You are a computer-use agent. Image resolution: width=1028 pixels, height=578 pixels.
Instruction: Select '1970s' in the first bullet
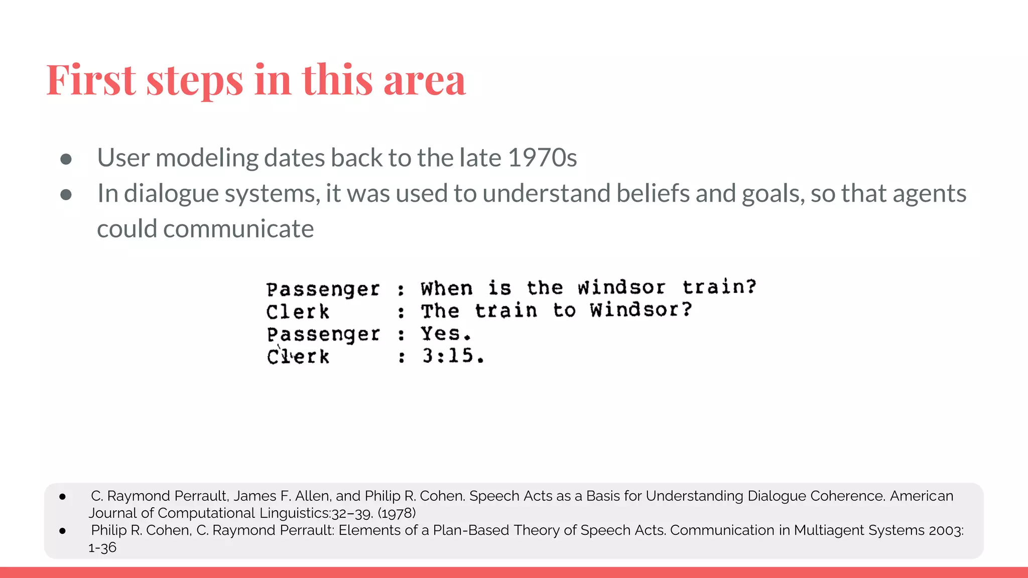[542, 158]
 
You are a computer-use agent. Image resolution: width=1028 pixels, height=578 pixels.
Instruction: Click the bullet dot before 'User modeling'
[66, 159]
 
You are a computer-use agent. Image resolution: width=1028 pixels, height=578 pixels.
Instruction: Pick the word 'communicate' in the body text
[238, 229]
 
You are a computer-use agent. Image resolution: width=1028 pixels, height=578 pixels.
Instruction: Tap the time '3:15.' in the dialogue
[453, 356]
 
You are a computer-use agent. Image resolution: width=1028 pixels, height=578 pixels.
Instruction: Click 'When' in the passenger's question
[447, 288]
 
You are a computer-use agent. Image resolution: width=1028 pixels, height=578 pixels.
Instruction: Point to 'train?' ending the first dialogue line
[719, 286]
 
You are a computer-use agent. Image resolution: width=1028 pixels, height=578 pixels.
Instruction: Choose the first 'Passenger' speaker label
[323, 289]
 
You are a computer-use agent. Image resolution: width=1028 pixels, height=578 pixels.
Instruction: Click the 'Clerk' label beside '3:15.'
[298, 356]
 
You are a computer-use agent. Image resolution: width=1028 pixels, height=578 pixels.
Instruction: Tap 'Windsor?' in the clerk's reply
[641, 310]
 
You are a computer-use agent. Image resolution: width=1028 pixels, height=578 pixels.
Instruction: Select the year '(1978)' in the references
[397, 513]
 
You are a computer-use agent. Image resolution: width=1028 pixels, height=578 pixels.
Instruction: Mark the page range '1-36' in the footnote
[102, 547]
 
